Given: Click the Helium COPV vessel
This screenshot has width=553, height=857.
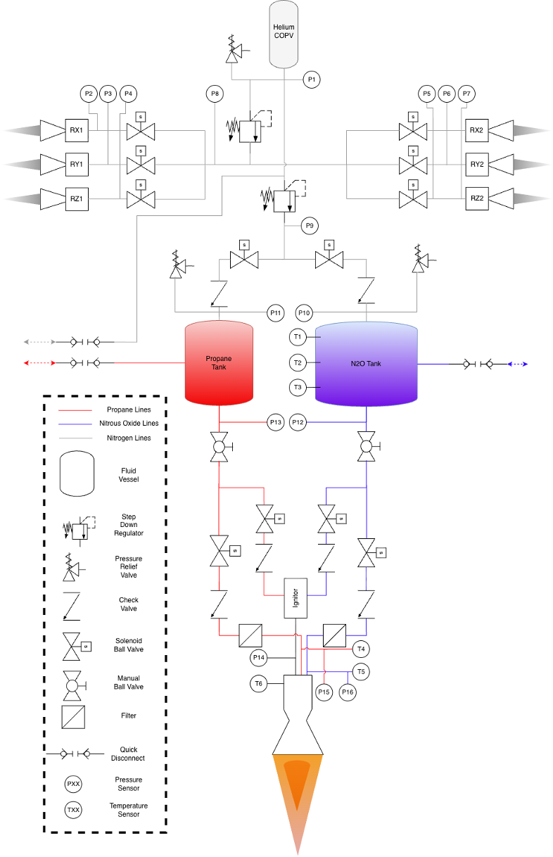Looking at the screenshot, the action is pyautogui.click(x=284, y=34).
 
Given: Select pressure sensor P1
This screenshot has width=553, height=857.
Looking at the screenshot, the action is pyautogui.click(x=312, y=80).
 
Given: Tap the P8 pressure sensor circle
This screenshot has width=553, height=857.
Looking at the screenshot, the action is pyautogui.click(x=215, y=94).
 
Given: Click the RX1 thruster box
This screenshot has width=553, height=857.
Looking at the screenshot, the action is pyautogui.click(x=77, y=130).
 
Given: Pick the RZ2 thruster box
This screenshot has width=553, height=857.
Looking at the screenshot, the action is pyautogui.click(x=477, y=198).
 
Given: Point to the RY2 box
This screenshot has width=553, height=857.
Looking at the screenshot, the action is pyautogui.click(x=477, y=164).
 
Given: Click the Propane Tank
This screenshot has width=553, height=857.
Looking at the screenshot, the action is pyautogui.click(x=219, y=362).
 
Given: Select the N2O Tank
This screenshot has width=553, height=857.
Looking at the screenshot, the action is pyautogui.click(x=366, y=364).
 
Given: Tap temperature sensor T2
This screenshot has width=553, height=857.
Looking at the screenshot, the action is pyautogui.click(x=298, y=362).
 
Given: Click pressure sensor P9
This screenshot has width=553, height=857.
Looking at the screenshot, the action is pyautogui.click(x=310, y=226).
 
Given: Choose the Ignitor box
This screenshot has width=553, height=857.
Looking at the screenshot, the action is pyautogui.click(x=295, y=598).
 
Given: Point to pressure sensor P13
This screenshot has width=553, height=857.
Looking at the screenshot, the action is pyautogui.click(x=275, y=422).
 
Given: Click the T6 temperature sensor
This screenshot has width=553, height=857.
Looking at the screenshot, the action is pyautogui.click(x=258, y=684).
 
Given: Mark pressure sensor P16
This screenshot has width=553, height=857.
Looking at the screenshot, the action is pyautogui.click(x=348, y=692).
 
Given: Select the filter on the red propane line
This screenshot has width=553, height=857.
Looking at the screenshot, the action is pyautogui.click(x=250, y=635).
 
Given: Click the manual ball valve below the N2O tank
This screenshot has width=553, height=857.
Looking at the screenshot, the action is pyautogui.click(x=367, y=447).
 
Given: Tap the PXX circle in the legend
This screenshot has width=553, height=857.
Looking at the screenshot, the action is pyautogui.click(x=73, y=784).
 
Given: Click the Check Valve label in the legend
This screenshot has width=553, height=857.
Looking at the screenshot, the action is pyautogui.click(x=129, y=604).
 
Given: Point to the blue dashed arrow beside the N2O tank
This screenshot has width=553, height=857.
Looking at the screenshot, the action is pyautogui.click(x=517, y=364).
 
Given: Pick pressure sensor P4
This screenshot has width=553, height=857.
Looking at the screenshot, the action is pyautogui.click(x=128, y=94).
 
